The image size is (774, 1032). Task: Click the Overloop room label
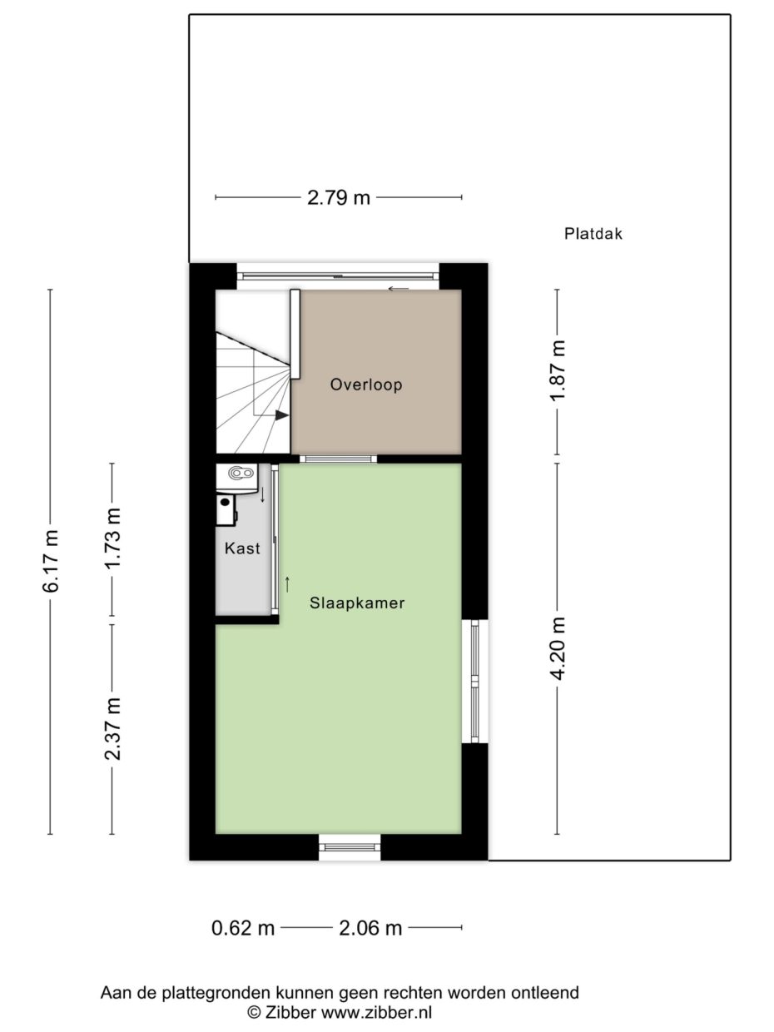pos(366,385)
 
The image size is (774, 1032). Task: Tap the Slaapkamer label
pos(357,603)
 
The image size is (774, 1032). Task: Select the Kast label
pos(242,548)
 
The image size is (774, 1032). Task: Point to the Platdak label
pos(593,234)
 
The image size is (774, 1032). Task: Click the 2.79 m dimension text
pos(339,197)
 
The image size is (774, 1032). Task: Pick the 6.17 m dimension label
pos(50,561)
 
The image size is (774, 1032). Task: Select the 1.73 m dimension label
pos(113,538)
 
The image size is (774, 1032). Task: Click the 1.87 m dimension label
pos(558,370)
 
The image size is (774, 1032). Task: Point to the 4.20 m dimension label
pos(558,648)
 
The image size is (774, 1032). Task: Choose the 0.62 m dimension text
pos(242,928)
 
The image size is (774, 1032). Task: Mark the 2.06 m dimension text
pos(370,928)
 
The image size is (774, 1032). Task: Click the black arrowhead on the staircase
pos(282,415)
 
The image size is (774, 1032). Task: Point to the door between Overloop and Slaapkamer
pos(339,459)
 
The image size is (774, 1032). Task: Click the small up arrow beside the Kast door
pos(287,584)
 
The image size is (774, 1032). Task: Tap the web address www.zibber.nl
pos(376,1012)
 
